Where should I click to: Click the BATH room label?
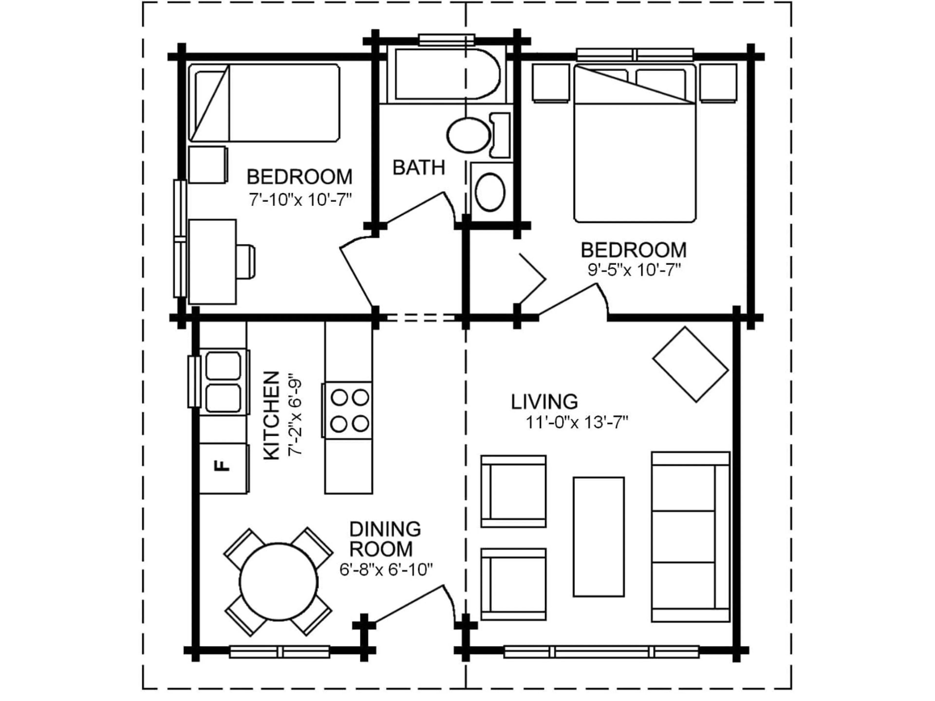pyautogui.click(x=419, y=168)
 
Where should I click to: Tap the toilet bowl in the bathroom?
pyautogui.click(x=468, y=136)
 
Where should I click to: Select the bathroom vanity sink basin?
pyautogui.click(x=490, y=191)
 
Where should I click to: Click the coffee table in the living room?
pyautogui.click(x=598, y=537)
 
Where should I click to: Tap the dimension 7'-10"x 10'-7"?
pyautogui.click(x=300, y=200)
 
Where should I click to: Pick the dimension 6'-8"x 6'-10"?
pyautogui.click(x=386, y=570)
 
